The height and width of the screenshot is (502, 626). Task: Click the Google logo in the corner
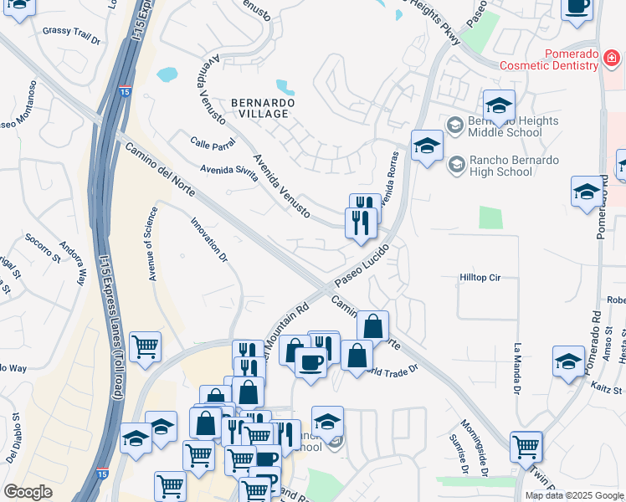(28, 492)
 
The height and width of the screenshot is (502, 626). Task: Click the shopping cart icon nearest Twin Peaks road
(526, 446)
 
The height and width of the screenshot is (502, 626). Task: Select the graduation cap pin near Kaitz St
(569, 361)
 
